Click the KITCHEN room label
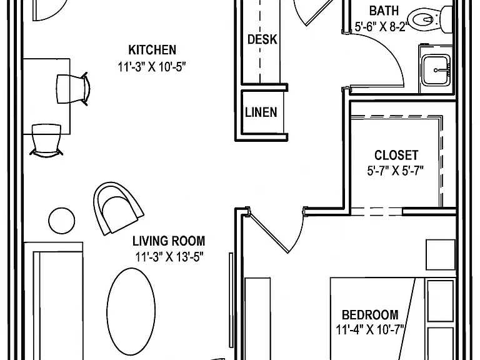[x=152, y=49]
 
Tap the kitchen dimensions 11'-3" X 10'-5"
[x=152, y=66]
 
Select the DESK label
[x=262, y=39]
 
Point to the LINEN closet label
[x=261, y=112]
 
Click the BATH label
[x=384, y=11]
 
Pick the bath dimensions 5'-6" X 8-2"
[x=381, y=27]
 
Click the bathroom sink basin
[x=436, y=70]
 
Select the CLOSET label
[x=396, y=155]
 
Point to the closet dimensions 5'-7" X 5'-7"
[x=396, y=171]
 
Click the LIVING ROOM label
[x=169, y=241]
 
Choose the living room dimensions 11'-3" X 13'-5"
[x=169, y=257]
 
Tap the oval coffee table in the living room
[x=131, y=311]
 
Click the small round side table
[x=61, y=221]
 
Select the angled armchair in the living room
[x=118, y=208]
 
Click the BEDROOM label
[x=370, y=315]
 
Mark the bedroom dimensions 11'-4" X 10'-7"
[x=370, y=330]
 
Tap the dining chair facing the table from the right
[x=73, y=89]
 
